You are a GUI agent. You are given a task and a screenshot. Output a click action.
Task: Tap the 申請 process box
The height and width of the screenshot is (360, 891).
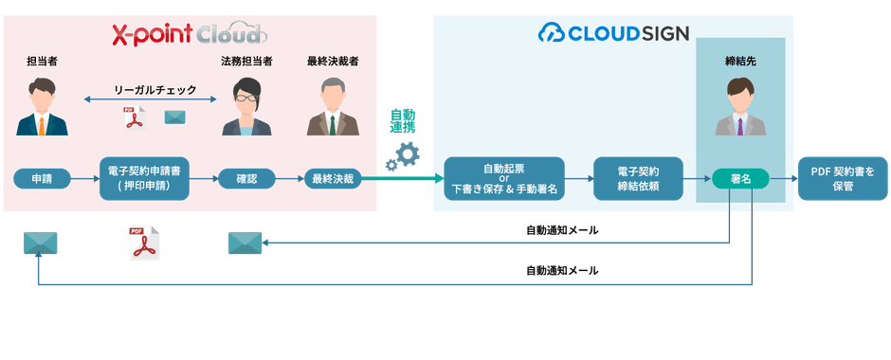point(42,178)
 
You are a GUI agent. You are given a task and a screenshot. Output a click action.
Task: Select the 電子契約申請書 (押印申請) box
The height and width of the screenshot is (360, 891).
point(144,178)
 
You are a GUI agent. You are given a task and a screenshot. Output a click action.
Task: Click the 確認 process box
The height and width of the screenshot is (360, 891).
point(246,178)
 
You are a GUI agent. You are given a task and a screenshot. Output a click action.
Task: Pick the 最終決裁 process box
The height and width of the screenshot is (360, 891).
point(333,178)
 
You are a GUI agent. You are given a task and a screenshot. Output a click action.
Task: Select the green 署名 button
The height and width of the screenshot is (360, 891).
point(740,178)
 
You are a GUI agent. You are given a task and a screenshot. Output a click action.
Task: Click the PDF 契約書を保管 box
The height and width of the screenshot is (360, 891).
point(836,178)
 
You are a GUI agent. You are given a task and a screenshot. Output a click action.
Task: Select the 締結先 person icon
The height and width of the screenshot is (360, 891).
point(740,107)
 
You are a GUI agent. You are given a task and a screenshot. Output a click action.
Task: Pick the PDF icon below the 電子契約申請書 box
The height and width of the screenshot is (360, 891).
point(142,243)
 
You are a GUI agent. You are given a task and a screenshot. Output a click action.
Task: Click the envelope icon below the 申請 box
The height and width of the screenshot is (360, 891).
point(41,243)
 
